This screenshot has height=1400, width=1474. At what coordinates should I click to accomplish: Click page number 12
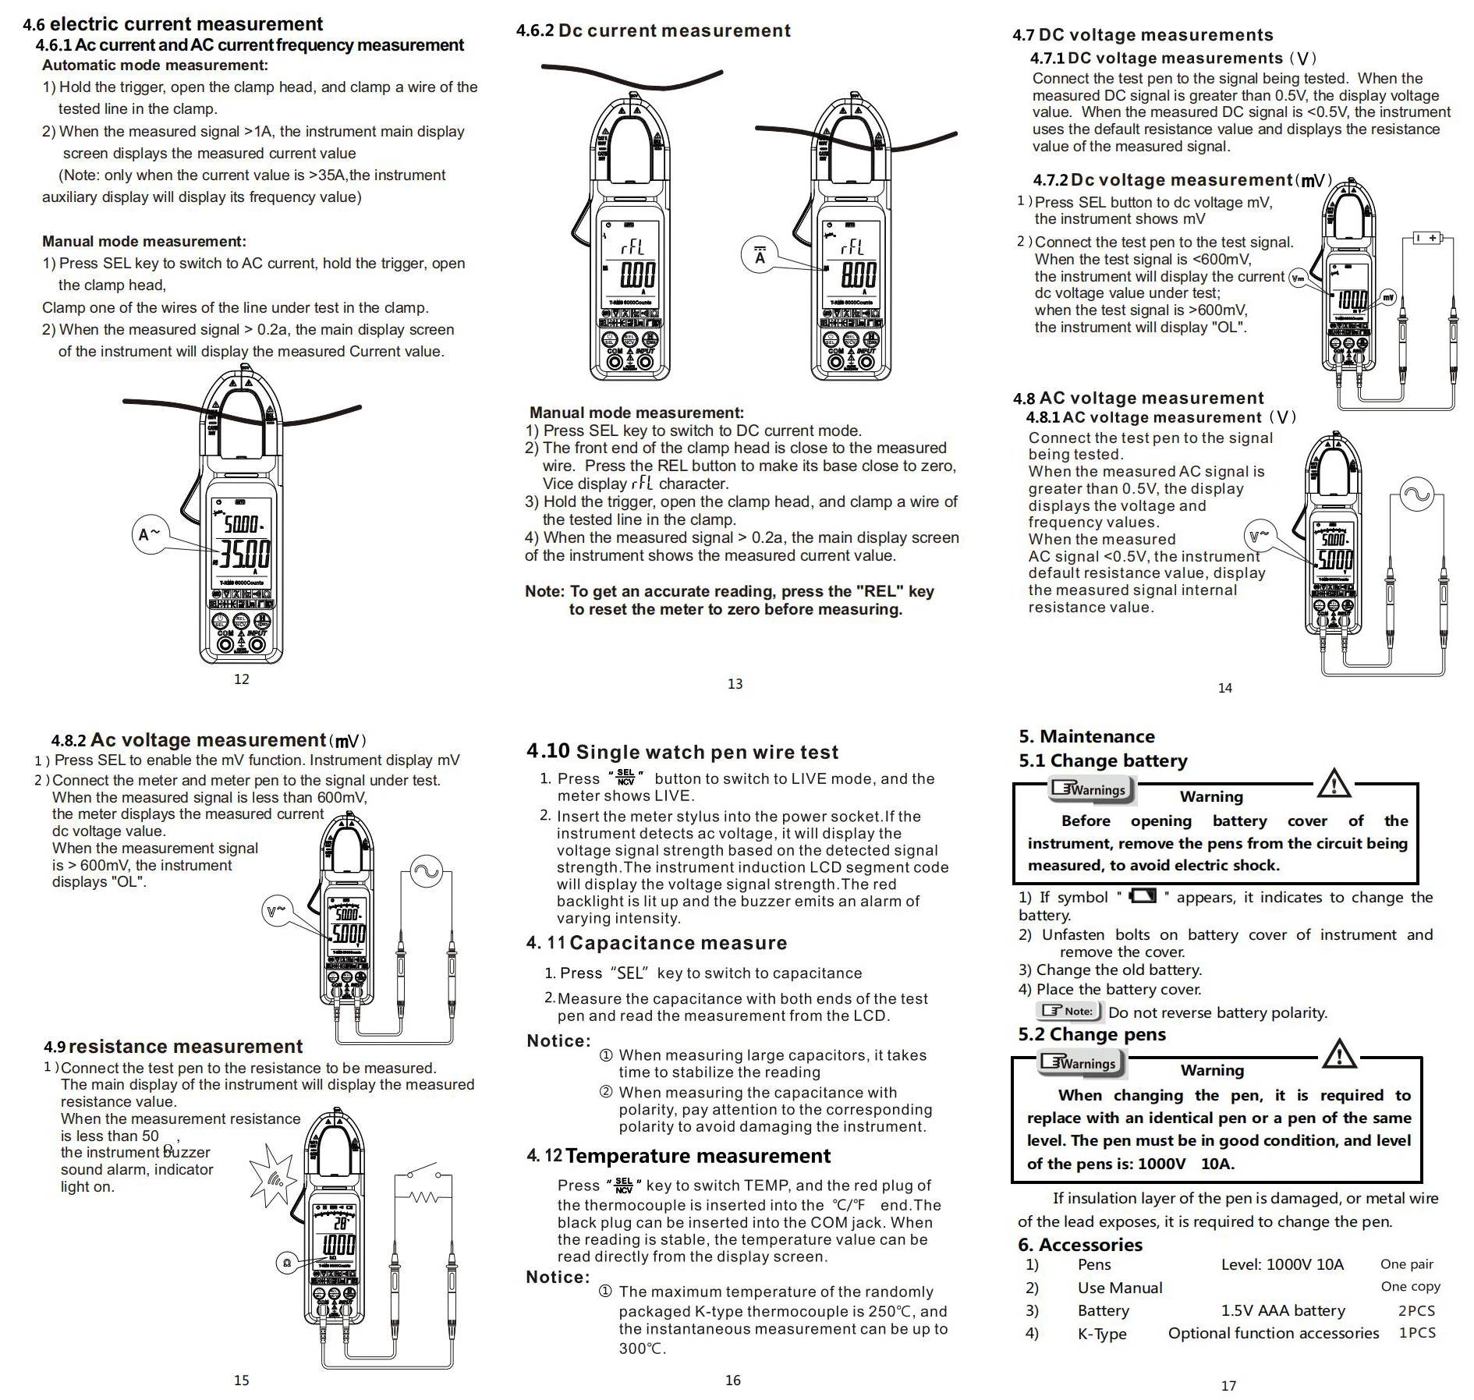click(242, 679)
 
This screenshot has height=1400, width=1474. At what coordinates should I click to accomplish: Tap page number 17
click(1228, 1386)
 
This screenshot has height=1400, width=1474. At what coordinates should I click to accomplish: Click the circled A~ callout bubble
click(150, 534)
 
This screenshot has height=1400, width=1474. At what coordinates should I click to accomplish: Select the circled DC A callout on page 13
click(760, 256)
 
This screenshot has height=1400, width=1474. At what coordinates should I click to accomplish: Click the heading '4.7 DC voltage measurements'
click(1143, 35)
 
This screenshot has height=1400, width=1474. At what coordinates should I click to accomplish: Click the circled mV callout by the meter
click(1388, 297)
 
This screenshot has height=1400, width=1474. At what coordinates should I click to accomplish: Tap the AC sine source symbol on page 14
click(1416, 494)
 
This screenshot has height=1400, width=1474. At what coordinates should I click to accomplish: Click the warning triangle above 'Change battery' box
click(1334, 783)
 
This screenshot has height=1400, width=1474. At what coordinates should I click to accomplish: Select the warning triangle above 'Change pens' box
click(1340, 1054)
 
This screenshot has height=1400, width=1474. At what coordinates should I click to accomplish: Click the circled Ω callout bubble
click(287, 1263)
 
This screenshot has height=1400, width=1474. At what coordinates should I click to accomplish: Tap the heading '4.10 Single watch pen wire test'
click(682, 752)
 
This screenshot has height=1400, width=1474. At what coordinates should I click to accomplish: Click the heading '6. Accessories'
click(1080, 1245)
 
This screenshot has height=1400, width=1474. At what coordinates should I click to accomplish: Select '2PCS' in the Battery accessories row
click(1416, 1310)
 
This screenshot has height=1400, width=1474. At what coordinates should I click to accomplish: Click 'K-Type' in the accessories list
click(1102, 1334)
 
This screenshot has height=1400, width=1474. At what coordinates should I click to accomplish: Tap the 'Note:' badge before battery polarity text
click(1068, 1012)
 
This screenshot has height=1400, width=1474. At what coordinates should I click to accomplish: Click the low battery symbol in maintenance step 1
click(1143, 895)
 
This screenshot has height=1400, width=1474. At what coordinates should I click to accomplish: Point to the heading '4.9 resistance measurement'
click(173, 1047)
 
